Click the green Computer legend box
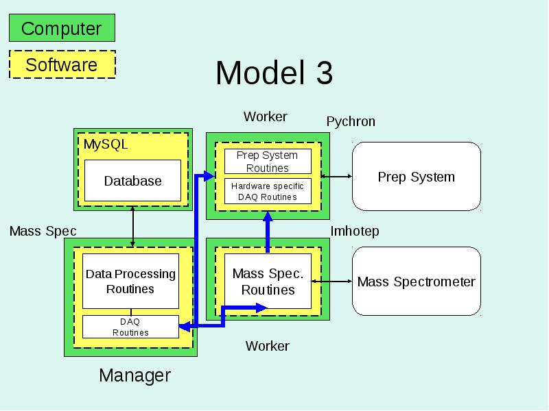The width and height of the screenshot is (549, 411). coord(62,28)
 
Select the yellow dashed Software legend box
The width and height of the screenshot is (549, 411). coord(62,64)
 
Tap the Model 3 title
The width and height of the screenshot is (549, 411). coord(274,73)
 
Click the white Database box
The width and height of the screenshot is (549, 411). coord(132,181)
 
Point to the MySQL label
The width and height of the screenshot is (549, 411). coord(106,145)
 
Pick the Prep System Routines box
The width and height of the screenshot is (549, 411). coord(268,162)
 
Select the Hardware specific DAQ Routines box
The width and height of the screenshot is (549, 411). coord(268,192)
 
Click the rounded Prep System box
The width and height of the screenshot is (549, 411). coord(417,177)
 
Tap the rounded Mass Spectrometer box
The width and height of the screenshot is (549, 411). coord(417,282)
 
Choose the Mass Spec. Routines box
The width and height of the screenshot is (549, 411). coord(268,282)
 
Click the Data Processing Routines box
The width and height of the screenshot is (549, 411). coord(130,282)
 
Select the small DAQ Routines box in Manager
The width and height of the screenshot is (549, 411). coord(130,327)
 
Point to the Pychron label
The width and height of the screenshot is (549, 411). coord(351,122)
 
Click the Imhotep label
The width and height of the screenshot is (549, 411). coord(355,231)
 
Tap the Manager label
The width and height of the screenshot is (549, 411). coord(135,375)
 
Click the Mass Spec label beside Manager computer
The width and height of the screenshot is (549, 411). coord(43,231)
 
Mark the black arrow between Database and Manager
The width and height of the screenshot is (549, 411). coord(132,227)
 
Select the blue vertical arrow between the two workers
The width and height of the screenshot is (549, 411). coord(268,232)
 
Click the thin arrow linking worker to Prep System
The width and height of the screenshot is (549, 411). coord(336,177)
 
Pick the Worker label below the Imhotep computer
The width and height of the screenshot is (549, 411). coord(268,346)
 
